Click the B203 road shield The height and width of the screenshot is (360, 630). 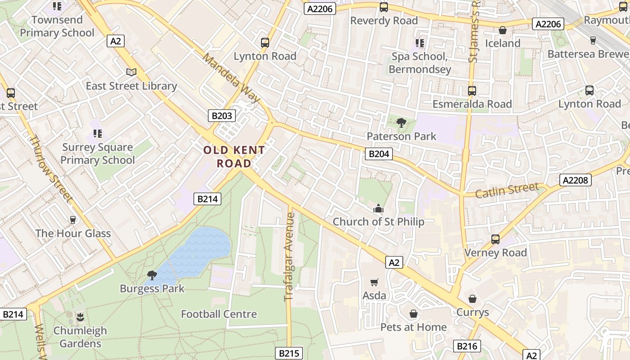[222, 116]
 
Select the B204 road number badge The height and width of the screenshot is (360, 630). [378, 154]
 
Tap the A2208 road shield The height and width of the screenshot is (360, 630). [575, 180]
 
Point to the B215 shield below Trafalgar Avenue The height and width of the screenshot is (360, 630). [288, 353]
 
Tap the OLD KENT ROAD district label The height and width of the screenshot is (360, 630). [234, 157]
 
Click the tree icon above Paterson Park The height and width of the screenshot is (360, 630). [401, 122]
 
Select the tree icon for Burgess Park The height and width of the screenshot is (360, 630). [152, 275]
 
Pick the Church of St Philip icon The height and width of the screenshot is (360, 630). [378, 208]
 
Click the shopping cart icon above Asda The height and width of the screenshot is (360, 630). [374, 282]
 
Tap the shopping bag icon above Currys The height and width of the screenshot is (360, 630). [472, 299]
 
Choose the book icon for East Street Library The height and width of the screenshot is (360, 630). [131, 72]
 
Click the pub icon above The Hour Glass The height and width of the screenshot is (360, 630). [73, 220]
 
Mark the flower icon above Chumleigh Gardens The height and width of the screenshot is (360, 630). [80, 317]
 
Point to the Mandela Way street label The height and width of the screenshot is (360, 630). [231, 78]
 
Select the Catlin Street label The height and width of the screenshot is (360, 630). [507, 190]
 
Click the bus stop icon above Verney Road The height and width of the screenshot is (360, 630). [495, 239]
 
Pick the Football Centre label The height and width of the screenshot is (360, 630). [219, 314]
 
